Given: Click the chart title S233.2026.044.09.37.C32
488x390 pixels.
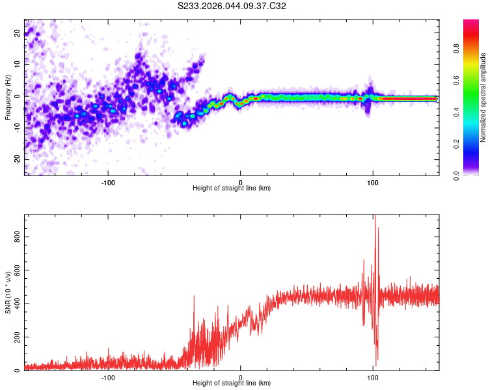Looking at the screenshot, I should point(232,6).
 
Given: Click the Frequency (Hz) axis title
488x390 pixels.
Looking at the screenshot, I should point(8,97).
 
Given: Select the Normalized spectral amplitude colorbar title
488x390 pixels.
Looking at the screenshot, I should point(483,97).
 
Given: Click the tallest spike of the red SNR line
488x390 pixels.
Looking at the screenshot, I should point(375,217).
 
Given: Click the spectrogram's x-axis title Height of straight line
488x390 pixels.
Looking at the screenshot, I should point(232,188).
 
